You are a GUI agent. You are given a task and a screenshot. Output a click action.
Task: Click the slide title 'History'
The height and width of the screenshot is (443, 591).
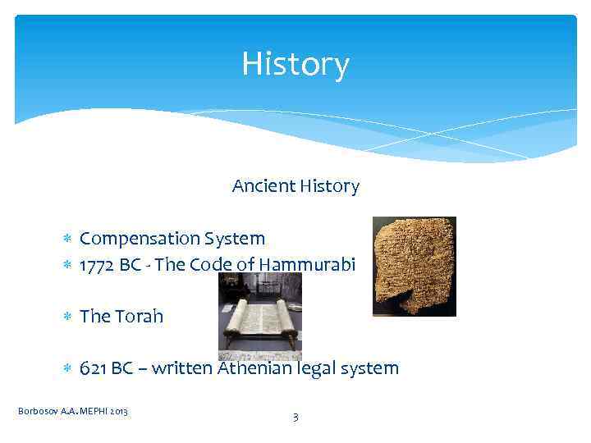tap(295, 64)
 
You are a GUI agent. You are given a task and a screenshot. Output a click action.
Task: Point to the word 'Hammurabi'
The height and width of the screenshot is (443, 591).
tap(310, 265)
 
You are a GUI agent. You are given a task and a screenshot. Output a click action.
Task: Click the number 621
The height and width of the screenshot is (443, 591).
tap(94, 368)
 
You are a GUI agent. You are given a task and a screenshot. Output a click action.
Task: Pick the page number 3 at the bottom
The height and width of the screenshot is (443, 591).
tap(295, 418)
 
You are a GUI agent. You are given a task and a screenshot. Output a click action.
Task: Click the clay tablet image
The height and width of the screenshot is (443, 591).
tap(414, 266)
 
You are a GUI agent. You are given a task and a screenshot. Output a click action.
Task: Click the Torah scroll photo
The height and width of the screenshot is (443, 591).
tap(259, 317)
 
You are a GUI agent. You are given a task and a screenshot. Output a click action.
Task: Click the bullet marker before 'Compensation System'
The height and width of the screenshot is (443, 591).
tap(69, 240)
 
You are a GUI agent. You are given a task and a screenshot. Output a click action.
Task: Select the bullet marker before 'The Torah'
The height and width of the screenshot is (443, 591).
tap(69, 317)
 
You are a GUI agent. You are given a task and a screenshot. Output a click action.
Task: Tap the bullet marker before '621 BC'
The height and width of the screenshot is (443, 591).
tap(69, 369)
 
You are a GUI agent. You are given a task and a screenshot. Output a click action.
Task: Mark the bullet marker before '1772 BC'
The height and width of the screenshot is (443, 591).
tap(69, 266)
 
